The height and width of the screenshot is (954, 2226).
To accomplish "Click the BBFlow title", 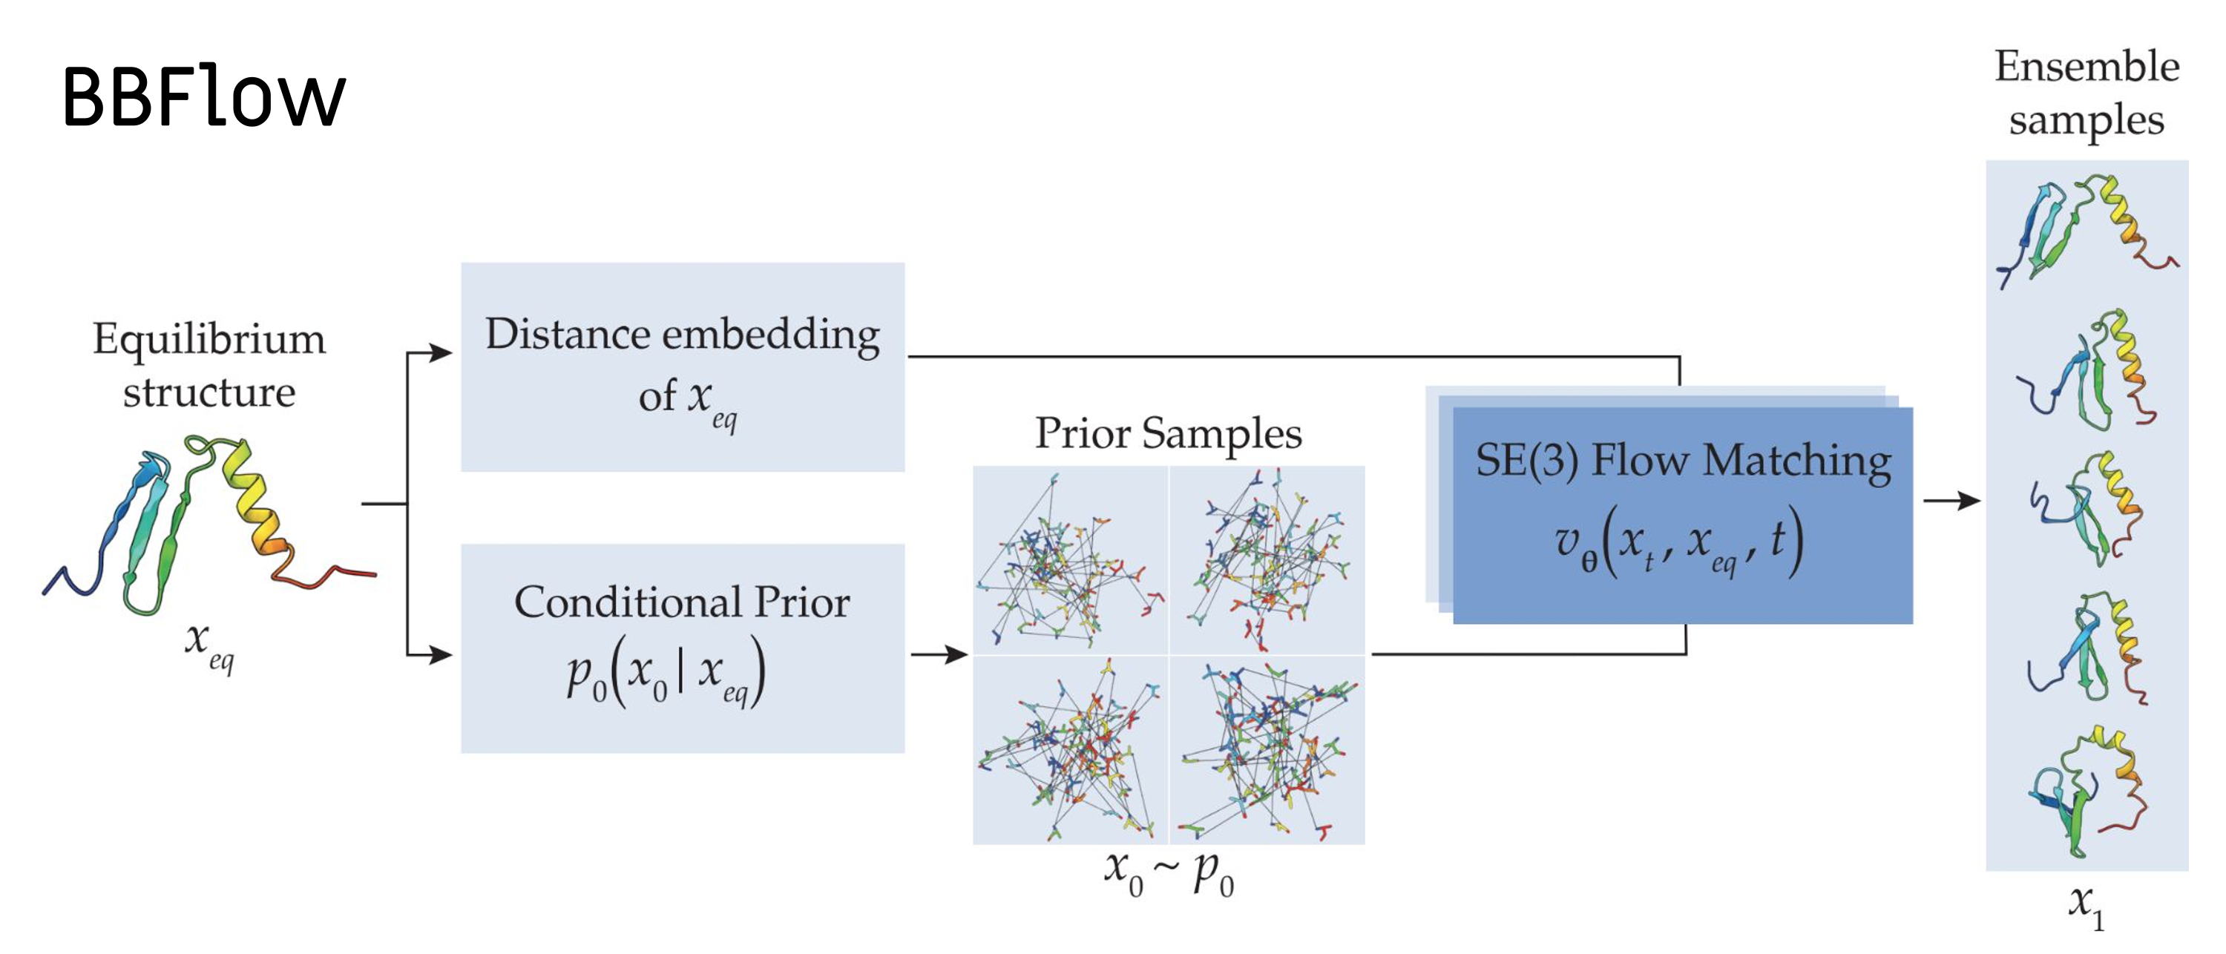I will (204, 96).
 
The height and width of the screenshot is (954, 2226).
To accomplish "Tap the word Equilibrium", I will (209, 339).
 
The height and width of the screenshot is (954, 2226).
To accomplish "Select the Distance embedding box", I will (683, 366).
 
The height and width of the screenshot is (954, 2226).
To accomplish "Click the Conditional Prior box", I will (683, 648).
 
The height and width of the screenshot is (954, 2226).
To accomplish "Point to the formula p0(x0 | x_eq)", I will (666, 672).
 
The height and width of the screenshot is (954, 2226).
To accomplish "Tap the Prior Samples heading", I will (1169, 433).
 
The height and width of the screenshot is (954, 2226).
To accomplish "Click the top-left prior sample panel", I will (1071, 560).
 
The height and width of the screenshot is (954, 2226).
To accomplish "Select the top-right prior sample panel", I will (1267, 560).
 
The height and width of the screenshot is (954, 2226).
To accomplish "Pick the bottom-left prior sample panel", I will (1071, 749).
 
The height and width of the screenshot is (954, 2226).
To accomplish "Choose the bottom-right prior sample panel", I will (1267, 749).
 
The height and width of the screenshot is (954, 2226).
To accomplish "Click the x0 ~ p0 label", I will (1169, 873).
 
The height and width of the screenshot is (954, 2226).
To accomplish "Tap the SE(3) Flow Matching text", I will (1682, 461).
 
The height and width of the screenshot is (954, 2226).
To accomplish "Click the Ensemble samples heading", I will (2086, 93).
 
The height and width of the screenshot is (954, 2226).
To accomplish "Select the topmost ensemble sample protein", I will (2086, 229).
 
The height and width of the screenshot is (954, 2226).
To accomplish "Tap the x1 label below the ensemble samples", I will (2086, 905).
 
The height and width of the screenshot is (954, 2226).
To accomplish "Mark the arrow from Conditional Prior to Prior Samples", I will (940, 654).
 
